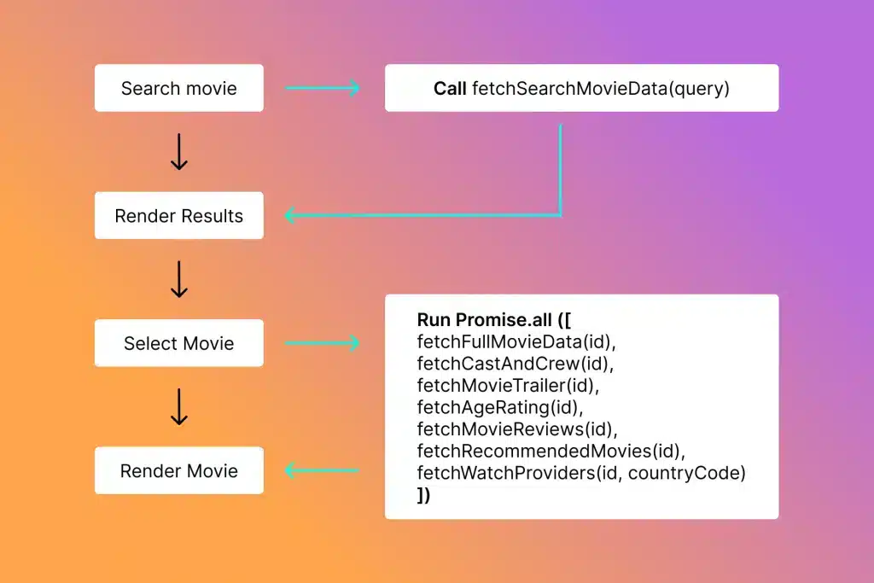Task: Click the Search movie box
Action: tap(178, 88)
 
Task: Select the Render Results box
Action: tap(178, 216)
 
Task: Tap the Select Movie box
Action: tap(178, 343)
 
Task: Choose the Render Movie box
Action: tap(178, 470)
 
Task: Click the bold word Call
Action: tap(450, 88)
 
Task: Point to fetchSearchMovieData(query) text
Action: tap(601, 88)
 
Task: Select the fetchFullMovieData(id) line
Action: tap(516, 342)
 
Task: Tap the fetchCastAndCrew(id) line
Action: tap(516, 364)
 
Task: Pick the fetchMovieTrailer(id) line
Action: tap(509, 386)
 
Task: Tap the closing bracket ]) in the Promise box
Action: tap(424, 494)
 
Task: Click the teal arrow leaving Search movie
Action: tap(323, 88)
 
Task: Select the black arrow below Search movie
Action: tap(178, 152)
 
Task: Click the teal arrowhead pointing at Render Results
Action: tap(290, 215)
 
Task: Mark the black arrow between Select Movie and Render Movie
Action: tap(178, 407)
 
